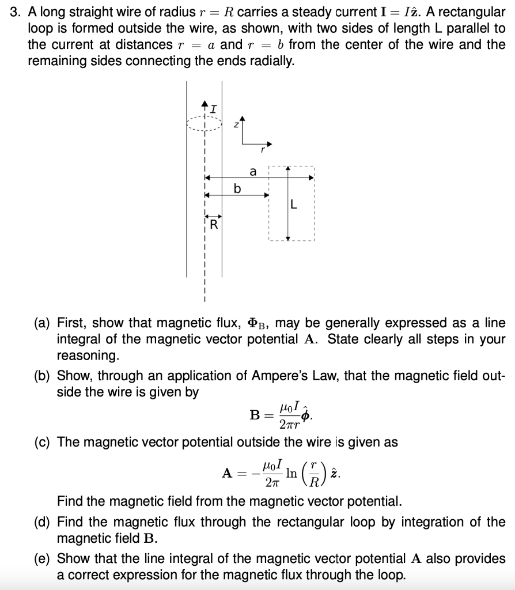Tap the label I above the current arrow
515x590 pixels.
(214, 107)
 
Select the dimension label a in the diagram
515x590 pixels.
(252, 171)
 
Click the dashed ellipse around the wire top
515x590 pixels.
(203, 123)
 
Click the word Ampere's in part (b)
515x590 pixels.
(274, 376)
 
